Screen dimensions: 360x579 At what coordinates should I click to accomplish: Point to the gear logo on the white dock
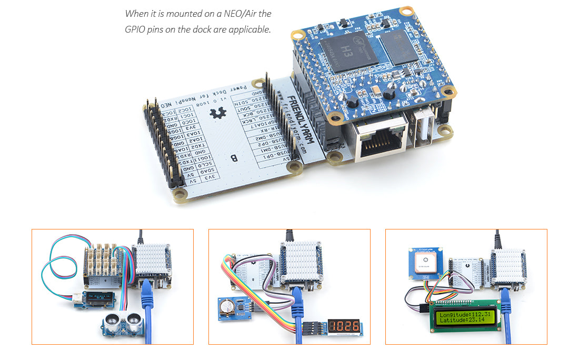point(216,112)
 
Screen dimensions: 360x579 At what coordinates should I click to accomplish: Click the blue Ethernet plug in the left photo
point(147,295)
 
